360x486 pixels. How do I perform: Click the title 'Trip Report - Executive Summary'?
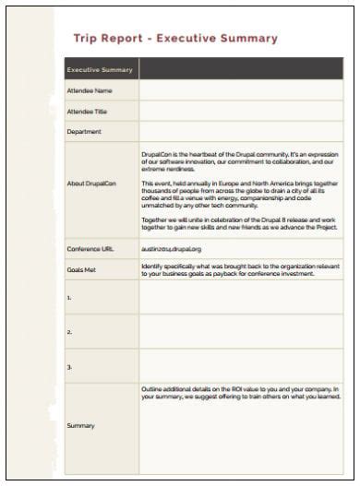tap(174, 39)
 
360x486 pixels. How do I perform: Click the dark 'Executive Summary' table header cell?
tap(101, 69)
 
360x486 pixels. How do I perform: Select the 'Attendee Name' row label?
tap(90, 90)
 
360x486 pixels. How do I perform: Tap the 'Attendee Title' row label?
tap(90, 111)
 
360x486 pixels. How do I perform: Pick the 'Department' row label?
tap(84, 131)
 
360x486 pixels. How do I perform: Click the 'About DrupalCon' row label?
tap(91, 183)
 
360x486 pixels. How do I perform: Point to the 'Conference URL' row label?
tap(90, 249)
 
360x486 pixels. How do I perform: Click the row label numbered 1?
tap(69, 298)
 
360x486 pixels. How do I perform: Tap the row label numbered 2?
tap(69, 331)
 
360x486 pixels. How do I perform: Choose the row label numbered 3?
tap(69, 365)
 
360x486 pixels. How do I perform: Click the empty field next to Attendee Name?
tap(241, 90)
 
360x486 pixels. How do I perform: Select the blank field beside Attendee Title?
tap(241, 111)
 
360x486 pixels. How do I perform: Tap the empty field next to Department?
tap(241, 131)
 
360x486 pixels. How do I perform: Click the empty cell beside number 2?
tap(241, 331)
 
